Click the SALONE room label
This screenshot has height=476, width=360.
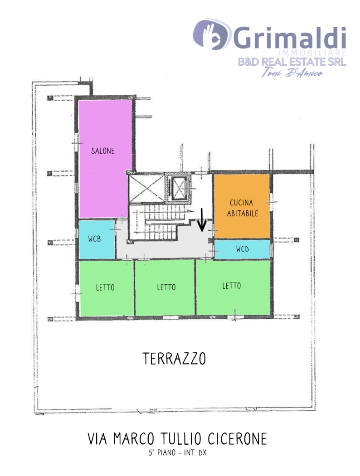coord(102,151)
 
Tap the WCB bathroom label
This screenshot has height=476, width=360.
coord(94,238)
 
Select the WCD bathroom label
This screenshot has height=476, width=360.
coord(243,249)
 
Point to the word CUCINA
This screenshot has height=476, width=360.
coord(241,203)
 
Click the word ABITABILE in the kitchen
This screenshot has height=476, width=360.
coord(243,214)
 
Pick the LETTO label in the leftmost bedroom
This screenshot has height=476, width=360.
coord(105,287)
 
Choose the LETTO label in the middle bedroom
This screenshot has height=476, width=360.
coord(166,287)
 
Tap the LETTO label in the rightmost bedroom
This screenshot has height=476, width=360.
coord(232,285)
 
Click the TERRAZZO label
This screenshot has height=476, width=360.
coord(174,359)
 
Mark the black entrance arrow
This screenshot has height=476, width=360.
coord(202,220)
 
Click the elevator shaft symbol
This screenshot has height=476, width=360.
coord(178,188)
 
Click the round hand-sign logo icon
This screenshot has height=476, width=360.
coord(211,34)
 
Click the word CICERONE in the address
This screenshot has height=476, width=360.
coord(238,439)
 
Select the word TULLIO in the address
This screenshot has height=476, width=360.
coord(180,439)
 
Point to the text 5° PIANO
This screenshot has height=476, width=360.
coord(162,452)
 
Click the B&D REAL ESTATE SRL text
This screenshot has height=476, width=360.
coord(292,62)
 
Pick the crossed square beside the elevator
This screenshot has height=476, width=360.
coord(146,189)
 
